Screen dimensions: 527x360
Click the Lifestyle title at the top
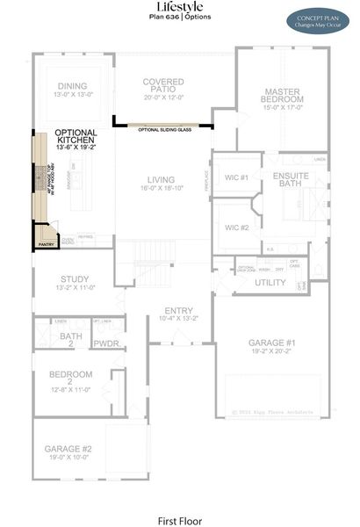[x=179, y=7]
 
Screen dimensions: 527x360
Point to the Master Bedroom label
[x=283, y=96]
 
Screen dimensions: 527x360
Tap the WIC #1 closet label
[x=236, y=178]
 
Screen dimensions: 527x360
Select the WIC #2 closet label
[x=236, y=227]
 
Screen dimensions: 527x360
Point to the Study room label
[x=75, y=281]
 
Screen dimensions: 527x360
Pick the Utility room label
[x=270, y=282]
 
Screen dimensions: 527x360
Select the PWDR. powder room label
[x=106, y=343]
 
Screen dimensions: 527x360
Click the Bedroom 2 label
[x=70, y=379]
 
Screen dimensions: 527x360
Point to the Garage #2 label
[x=68, y=451]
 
